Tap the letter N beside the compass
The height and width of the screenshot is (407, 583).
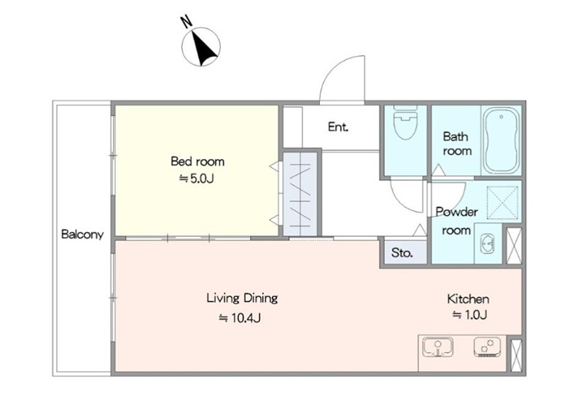point(187,22)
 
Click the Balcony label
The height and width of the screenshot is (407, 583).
point(82,235)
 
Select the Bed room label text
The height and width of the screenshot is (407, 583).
point(197,161)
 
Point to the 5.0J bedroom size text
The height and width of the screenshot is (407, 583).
point(197,179)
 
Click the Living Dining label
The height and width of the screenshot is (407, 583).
point(242,298)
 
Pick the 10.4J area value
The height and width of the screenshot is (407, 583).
point(240,318)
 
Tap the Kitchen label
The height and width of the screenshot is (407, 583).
point(468,299)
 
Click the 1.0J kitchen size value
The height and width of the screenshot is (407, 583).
point(469,315)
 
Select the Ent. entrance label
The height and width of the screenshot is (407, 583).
point(338,127)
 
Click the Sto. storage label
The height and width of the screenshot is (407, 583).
point(402,253)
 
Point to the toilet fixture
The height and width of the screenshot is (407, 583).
point(405,122)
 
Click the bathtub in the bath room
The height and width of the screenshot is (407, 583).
point(501,141)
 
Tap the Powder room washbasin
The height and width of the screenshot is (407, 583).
point(486,244)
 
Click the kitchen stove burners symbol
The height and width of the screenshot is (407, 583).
point(488,347)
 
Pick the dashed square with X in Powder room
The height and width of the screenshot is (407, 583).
point(503,202)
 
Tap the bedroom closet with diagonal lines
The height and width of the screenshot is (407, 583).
point(300,193)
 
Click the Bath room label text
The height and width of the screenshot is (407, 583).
point(457,144)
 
